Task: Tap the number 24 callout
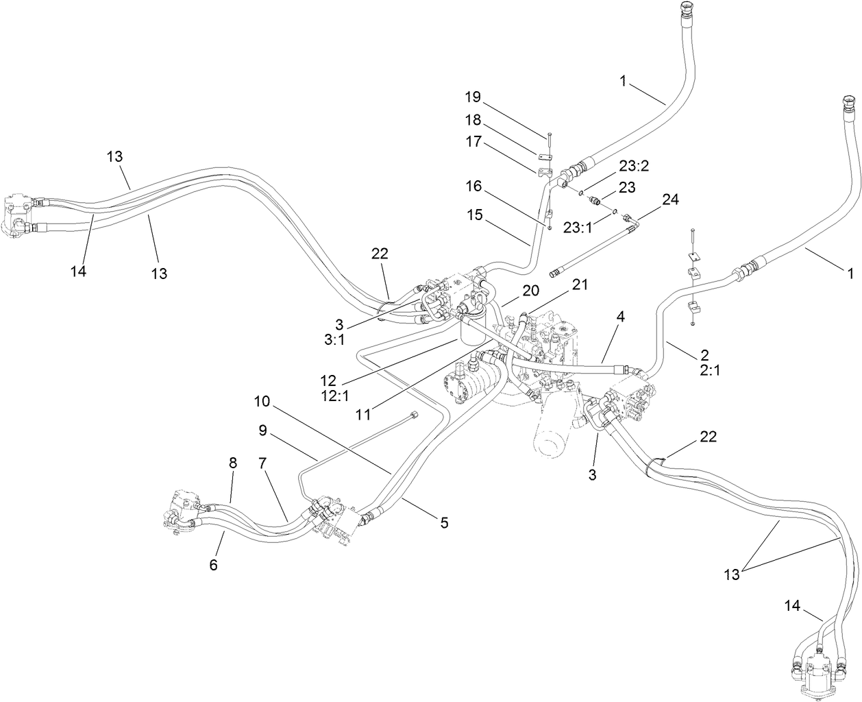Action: [670, 199]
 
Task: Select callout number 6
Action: [213, 564]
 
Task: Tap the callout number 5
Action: [444, 523]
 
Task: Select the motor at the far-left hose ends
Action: [21, 215]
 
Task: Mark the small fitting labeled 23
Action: [596, 201]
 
